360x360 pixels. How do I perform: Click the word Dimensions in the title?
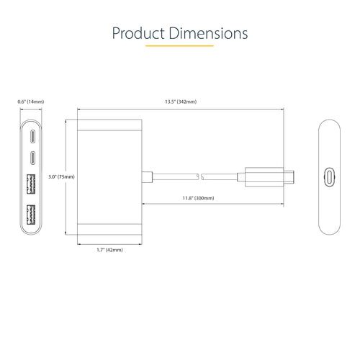coord(209,33)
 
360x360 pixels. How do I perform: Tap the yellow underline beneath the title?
coord(179,46)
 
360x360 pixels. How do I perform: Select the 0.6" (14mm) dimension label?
coord(30,102)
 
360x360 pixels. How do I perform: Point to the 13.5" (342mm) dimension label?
coord(179,102)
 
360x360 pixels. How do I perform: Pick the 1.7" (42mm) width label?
coord(109,249)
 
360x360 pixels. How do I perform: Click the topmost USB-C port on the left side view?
coord(32,136)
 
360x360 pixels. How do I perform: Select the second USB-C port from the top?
coord(32,156)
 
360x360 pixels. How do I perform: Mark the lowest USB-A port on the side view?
coord(32,215)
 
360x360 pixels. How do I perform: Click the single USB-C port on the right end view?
coord(330,176)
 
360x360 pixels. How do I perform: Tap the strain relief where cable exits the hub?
coord(147,176)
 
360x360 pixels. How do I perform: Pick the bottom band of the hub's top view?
coord(109,230)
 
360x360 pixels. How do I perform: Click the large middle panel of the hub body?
coord(109,176)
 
